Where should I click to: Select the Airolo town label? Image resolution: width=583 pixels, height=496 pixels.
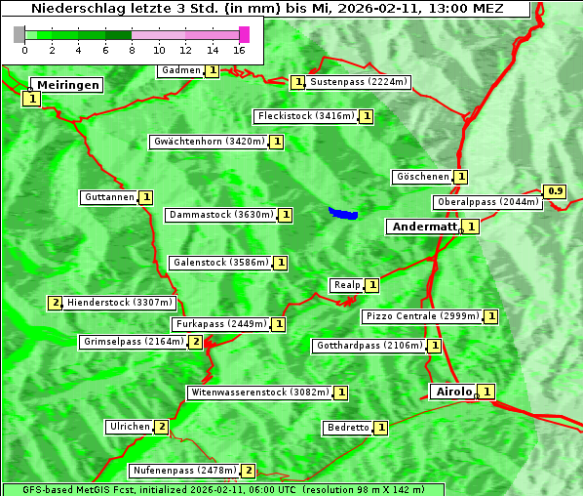(x=453, y=392)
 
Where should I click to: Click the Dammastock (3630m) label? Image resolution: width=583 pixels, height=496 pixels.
(x=221, y=215)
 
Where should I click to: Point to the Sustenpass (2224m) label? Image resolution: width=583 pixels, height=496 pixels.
(x=359, y=82)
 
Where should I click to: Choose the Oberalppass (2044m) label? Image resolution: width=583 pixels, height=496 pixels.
(x=487, y=202)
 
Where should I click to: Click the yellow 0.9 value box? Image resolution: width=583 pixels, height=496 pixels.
(x=556, y=190)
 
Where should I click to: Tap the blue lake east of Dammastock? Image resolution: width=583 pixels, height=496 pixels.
(x=343, y=213)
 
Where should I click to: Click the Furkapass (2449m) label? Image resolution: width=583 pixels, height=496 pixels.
(x=220, y=324)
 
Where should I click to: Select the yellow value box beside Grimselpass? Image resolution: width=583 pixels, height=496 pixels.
(x=196, y=342)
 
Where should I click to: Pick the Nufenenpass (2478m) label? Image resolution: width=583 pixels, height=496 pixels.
(x=184, y=471)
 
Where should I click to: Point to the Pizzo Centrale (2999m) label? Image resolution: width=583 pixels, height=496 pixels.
(x=422, y=316)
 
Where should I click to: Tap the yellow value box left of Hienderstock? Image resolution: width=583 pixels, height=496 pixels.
(x=55, y=303)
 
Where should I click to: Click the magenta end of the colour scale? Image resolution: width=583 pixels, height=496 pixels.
(x=244, y=34)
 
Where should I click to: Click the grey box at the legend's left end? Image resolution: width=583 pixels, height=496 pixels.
(x=19, y=34)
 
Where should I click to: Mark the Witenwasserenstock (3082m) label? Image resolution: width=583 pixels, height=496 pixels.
(x=258, y=393)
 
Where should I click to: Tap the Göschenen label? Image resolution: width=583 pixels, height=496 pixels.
(x=422, y=177)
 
